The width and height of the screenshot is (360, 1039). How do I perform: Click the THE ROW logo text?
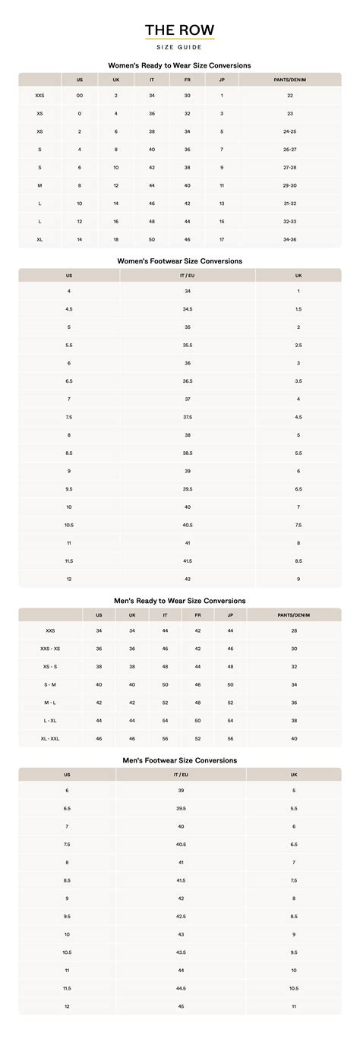click(180, 30)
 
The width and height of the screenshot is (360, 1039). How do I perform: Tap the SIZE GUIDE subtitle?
click(180, 47)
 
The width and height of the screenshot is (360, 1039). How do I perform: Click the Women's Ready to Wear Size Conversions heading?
click(180, 65)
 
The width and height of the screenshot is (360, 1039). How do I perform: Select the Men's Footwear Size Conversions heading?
click(180, 760)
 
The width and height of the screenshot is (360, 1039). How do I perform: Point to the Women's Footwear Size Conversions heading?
click(180, 261)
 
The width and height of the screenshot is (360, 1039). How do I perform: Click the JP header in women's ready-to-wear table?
click(222, 80)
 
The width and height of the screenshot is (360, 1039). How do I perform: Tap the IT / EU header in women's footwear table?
click(188, 275)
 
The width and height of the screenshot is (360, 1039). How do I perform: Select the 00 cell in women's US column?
click(80, 96)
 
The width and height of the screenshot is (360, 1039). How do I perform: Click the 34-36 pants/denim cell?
click(290, 239)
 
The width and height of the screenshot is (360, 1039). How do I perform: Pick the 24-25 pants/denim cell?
click(290, 131)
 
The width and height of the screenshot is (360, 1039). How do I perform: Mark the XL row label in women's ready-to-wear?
click(39, 239)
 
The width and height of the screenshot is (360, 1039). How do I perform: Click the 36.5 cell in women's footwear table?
click(188, 381)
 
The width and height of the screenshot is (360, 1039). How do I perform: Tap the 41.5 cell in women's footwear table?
click(188, 561)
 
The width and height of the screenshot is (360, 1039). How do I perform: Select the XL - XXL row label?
click(50, 738)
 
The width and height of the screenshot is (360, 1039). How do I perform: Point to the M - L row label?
click(50, 703)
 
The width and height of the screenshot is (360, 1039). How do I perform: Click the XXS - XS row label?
click(50, 649)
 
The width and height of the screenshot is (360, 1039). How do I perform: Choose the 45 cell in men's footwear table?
click(181, 1006)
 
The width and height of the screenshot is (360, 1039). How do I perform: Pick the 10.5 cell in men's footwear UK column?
click(294, 988)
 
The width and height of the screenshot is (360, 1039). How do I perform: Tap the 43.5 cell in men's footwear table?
click(181, 952)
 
